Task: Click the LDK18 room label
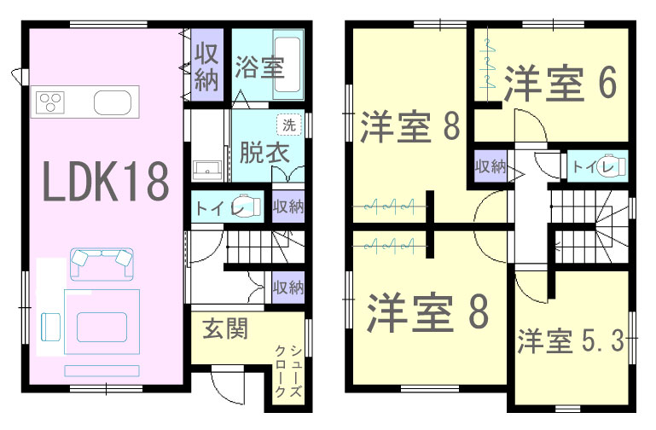pos(106,182)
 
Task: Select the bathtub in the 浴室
pos(287,65)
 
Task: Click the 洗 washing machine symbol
pos(289,125)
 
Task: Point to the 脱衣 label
pos(264,152)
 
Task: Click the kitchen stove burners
pos(50,102)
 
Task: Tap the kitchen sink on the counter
pos(113,102)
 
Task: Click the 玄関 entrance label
pos(225,328)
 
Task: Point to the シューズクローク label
pos(288,370)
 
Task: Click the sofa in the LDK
pos(102,264)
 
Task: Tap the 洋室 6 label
pos(560,84)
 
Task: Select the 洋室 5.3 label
pos(571,341)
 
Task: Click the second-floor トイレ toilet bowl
pos(612,166)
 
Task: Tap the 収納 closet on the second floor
pos(491,166)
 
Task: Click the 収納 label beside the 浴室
pos(206,66)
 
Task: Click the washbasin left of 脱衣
pos(207,170)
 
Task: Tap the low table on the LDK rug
pos(102,327)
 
